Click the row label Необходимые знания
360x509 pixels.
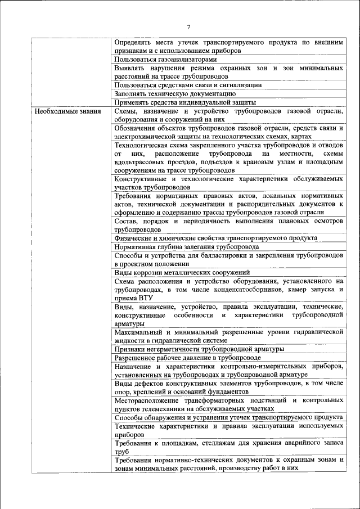[67, 111]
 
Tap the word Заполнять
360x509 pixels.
[131, 94]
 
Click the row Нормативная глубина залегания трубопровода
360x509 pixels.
[187, 246]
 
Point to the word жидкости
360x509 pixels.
[129, 341]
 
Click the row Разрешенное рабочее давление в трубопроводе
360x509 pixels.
[188, 358]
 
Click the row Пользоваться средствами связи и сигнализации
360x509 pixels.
[188, 85]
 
